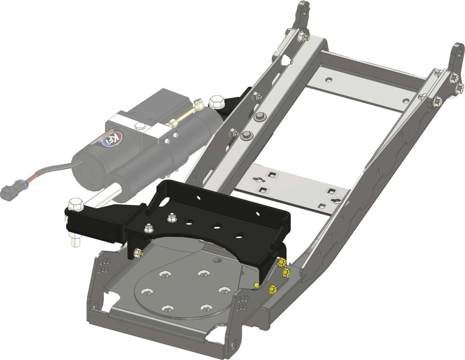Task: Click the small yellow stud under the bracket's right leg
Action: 256,285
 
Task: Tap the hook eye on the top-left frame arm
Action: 303,8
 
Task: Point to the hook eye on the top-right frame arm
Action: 458,49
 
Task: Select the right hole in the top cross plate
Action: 405,100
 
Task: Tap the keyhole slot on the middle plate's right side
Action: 336,201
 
